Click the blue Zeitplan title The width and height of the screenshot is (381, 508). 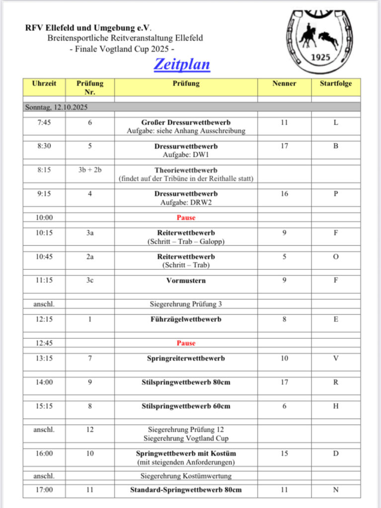point(182,64)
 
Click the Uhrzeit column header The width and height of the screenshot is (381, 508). point(44,83)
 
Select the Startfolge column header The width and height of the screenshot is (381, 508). point(336,83)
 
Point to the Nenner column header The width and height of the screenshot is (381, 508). point(284,83)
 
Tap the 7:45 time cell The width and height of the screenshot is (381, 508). point(44,123)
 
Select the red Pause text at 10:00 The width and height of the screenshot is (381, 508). point(186,217)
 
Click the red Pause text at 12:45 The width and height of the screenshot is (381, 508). point(186,343)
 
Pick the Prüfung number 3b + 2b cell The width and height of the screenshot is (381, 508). point(90,170)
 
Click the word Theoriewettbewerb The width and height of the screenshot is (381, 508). point(186,170)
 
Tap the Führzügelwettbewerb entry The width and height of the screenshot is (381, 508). point(186,319)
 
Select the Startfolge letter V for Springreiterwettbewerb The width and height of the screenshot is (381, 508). point(336,358)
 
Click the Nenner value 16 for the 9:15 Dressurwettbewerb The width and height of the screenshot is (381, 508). point(284,194)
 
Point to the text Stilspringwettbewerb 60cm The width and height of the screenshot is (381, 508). point(186,406)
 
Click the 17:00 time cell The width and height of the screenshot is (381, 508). point(44,490)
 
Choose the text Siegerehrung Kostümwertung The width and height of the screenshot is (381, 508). point(186,476)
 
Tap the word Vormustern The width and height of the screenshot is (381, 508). point(186,280)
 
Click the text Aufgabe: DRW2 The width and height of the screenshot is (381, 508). point(186,202)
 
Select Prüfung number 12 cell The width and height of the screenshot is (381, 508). point(90,430)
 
